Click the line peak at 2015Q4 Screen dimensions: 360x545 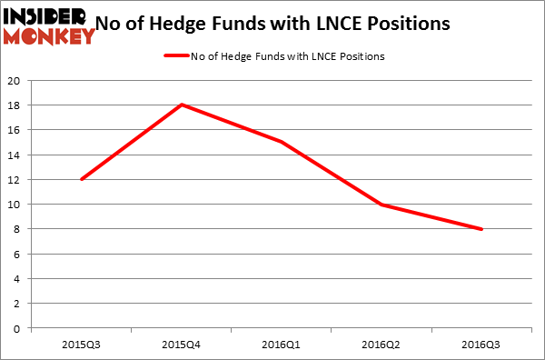[x=183, y=105]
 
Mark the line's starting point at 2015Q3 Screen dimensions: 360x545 [x=82, y=179]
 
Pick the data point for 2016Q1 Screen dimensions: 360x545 [x=283, y=142]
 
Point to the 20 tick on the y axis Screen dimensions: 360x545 [x=15, y=80]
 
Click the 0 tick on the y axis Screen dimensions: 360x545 [x=18, y=328]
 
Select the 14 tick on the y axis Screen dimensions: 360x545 [x=15, y=155]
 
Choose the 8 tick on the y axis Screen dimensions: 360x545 [x=18, y=229]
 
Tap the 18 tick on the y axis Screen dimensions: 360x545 [x=15, y=105]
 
